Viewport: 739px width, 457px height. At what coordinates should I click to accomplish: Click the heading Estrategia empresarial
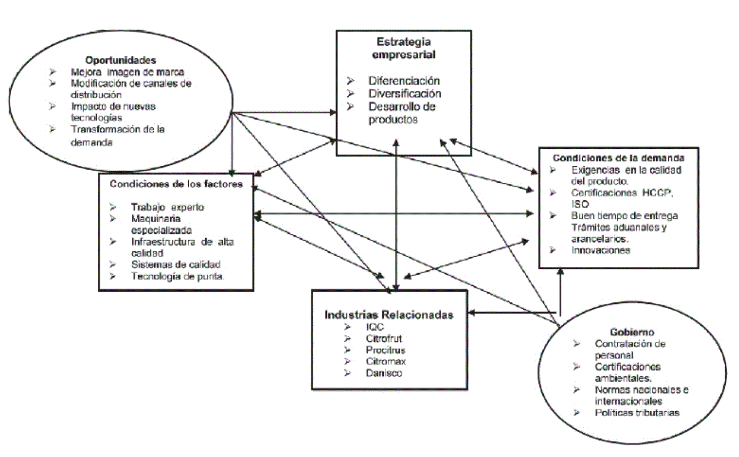click(x=404, y=48)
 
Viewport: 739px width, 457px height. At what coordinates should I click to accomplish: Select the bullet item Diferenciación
click(x=404, y=81)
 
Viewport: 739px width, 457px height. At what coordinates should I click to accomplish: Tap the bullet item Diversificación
click(x=405, y=94)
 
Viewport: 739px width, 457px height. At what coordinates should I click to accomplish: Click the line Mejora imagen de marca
click(x=123, y=72)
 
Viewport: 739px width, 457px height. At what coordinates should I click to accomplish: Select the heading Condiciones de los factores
click(x=177, y=184)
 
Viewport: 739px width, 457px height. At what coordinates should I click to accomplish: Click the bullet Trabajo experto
click(x=167, y=207)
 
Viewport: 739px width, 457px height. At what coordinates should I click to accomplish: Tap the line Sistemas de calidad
click(x=175, y=264)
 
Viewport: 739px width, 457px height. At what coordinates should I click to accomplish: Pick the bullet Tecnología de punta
click(x=177, y=276)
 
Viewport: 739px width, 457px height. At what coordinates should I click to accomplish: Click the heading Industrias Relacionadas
click(x=389, y=315)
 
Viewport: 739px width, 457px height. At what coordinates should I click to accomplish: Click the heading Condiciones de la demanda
click(x=618, y=158)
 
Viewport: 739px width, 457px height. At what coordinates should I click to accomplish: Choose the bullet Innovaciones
click(x=601, y=250)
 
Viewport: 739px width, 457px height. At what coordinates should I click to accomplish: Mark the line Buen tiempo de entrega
click(x=625, y=216)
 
